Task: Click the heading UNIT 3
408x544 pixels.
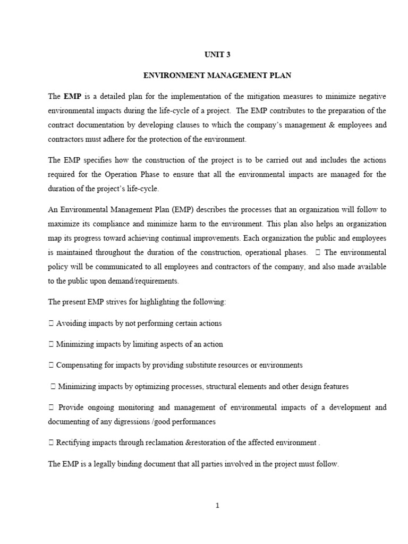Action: pyautogui.click(x=217, y=54)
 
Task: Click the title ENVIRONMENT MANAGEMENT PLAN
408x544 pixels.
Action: pyautogui.click(x=217, y=75)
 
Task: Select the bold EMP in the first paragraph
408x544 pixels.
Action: pyautogui.click(x=72, y=97)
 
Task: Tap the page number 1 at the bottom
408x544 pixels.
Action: pyautogui.click(x=217, y=505)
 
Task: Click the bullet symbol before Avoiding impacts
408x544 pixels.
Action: pyautogui.click(x=51, y=323)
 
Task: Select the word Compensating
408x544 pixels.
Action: pyautogui.click(x=80, y=365)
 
